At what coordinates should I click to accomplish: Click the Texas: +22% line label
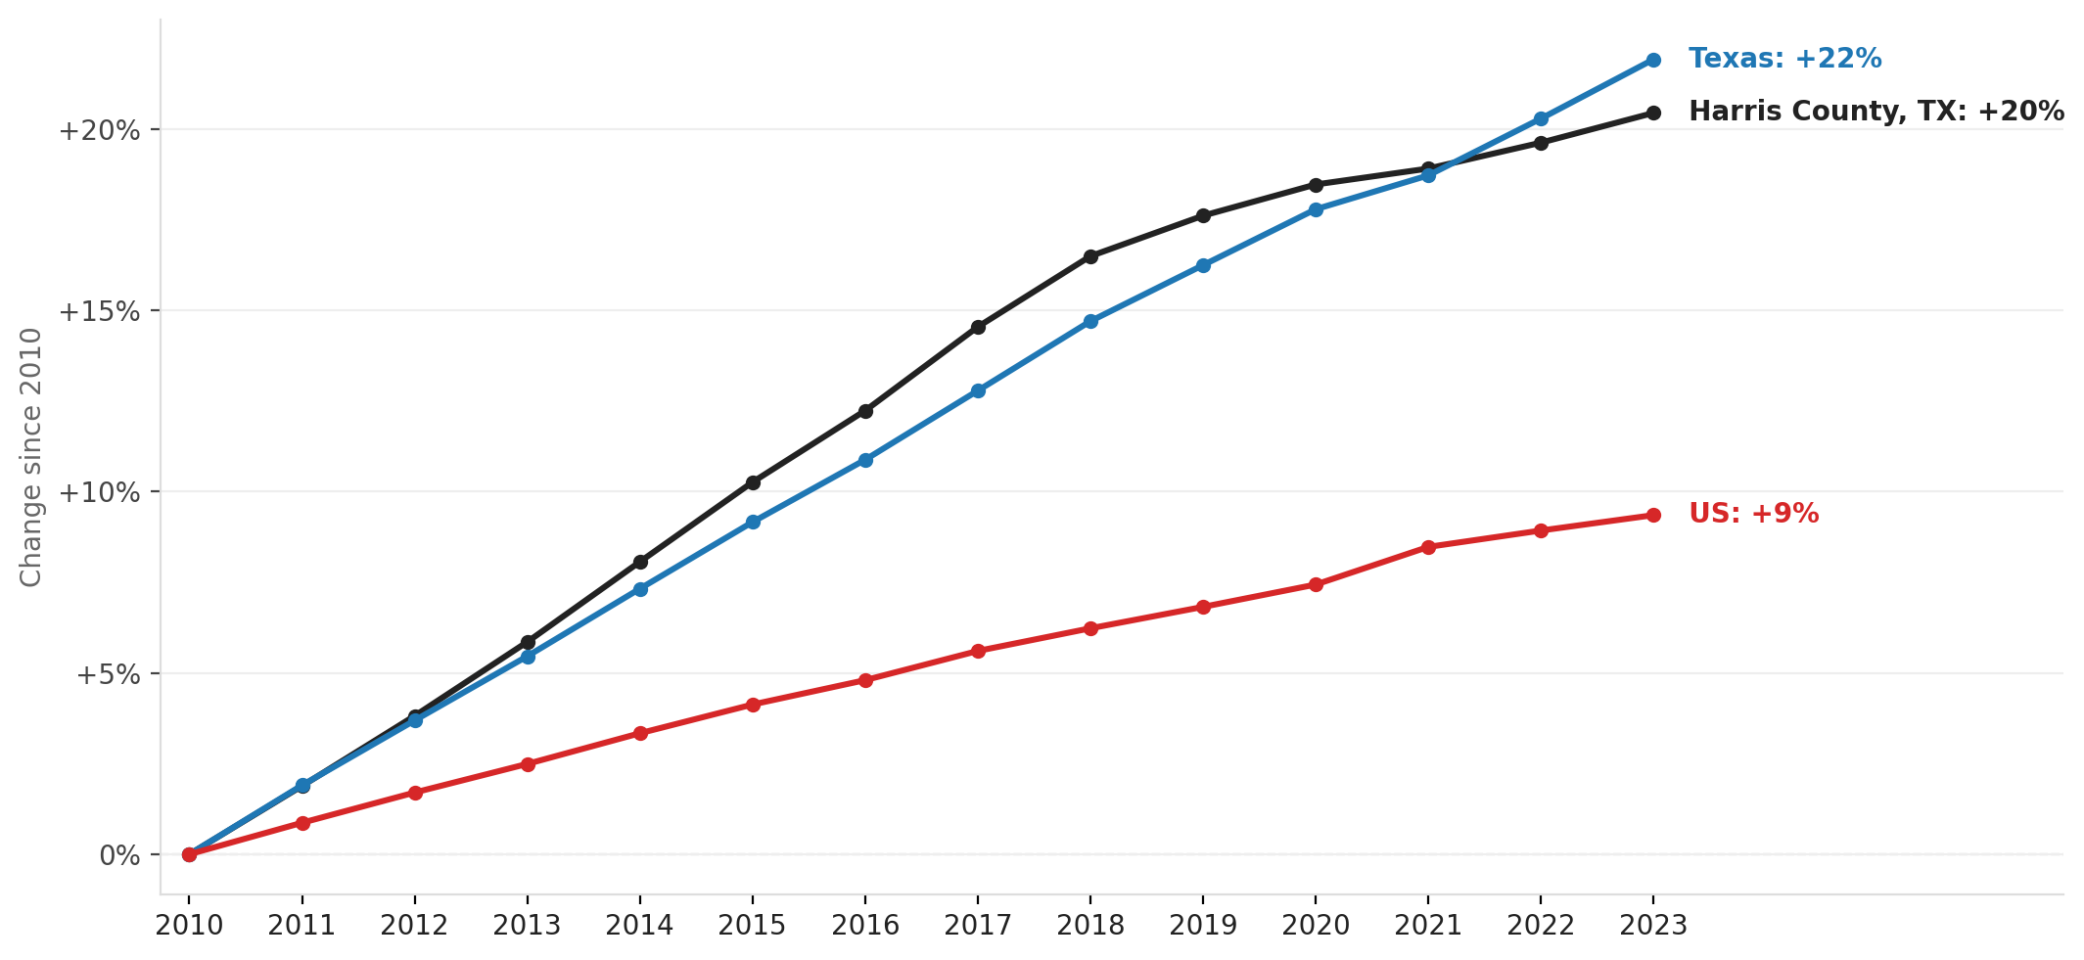click(x=1784, y=59)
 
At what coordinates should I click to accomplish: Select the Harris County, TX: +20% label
click(x=1876, y=112)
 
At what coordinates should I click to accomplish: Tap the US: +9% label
click(x=1753, y=514)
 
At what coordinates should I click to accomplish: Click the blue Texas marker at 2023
click(x=1653, y=60)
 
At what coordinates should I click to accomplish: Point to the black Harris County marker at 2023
click(x=1653, y=113)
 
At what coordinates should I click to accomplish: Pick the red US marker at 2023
click(x=1653, y=515)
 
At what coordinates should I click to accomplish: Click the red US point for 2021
click(x=1428, y=547)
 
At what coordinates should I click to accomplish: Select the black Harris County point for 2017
click(x=978, y=327)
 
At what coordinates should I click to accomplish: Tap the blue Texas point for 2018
click(x=1090, y=321)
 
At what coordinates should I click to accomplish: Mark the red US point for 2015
click(x=753, y=705)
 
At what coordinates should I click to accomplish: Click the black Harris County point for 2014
click(x=640, y=562)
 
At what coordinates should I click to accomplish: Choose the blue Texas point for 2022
click(x=1541, y=118)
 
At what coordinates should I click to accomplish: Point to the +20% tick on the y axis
click(x=99, y=130)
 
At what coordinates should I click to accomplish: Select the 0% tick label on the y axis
click(x=119, y=855)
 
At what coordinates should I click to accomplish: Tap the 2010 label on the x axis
click(x=189, y=926)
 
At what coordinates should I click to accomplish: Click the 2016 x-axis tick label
click(x=865, y=926)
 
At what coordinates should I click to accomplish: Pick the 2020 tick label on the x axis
click(x=1316, y=926)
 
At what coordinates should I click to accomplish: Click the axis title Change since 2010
click(x=31, y=457)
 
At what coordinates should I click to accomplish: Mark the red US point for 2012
click(x=415, y=793)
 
